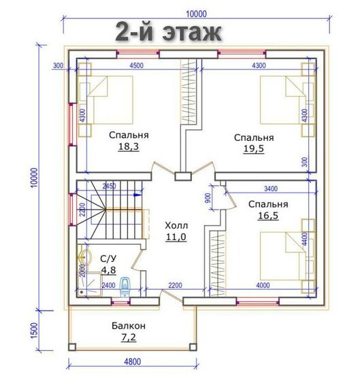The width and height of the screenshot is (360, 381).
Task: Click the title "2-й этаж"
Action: tap(168, 32)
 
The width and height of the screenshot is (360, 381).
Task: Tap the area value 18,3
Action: tap(129, 146)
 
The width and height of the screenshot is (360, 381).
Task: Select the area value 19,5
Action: tap(254, 149)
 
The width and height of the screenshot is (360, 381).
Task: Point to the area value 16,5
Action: tap(268, 216)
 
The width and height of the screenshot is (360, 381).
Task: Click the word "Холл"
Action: tap(176, 226)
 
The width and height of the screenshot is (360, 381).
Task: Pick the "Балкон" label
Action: tap(129, 326)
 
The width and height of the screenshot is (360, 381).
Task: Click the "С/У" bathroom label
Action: tap(108, 259)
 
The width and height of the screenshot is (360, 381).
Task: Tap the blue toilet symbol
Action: tap(125, 287)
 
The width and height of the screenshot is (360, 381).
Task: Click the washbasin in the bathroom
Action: tap(84, 256)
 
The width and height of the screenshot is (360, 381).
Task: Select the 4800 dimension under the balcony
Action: tap(133, 362)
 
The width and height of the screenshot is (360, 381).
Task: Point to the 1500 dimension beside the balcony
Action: tap(34, 330)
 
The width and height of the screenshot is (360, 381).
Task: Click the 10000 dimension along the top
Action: tap(197, 14)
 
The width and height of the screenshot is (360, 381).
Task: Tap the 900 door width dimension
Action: tap(208, 198)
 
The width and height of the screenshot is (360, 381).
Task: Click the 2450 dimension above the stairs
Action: tap(109, 186)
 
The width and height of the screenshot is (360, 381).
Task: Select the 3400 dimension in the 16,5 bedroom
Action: tap(271, 188)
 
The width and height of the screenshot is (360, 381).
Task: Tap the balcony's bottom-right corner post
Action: tap(193, 347)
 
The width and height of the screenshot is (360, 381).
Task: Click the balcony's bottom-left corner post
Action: tap(72, 347)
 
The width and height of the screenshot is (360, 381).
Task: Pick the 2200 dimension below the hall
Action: tap(176, 285)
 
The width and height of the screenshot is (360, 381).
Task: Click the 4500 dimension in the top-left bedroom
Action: tap(136, 65)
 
